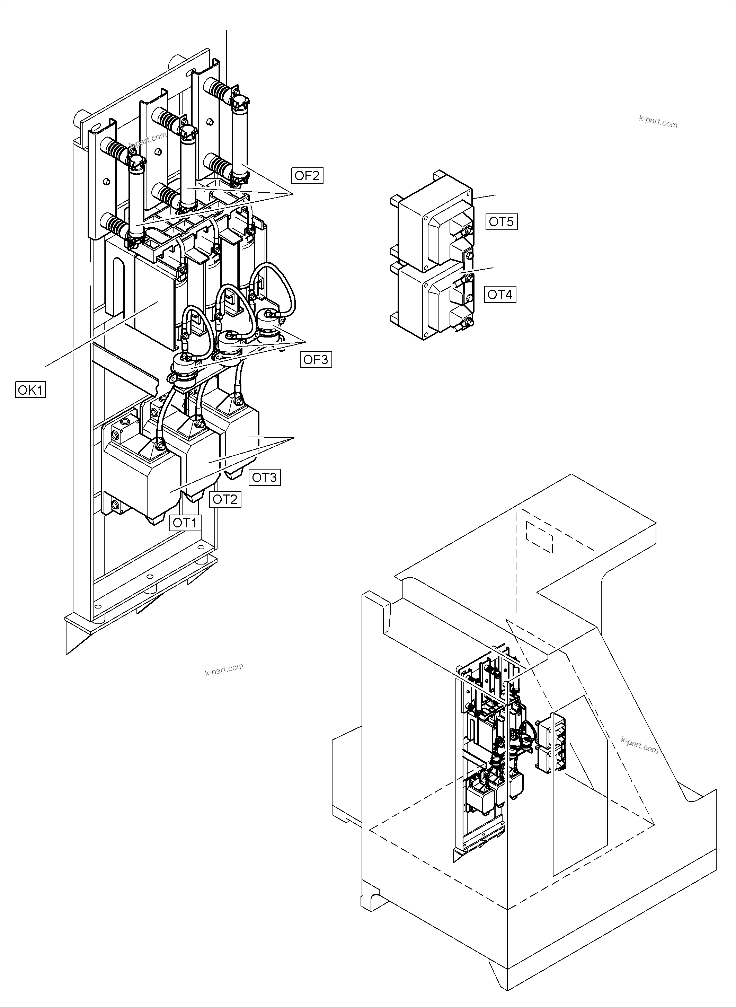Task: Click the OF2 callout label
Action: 307,176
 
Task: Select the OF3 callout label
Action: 316,359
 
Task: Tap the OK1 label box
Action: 30,390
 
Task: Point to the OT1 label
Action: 185,523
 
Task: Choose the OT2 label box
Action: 225,499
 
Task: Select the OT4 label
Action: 500,294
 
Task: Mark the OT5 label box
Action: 501,221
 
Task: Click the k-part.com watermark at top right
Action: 658,121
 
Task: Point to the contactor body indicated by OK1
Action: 154,303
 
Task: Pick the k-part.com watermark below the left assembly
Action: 224,669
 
